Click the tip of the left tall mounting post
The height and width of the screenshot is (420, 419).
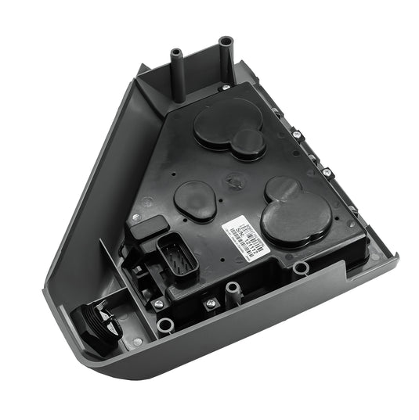[x=175, y=53]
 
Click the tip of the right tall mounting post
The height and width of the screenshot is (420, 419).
[x=226, y=39]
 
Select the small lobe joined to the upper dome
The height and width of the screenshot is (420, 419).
[x=248, y=143]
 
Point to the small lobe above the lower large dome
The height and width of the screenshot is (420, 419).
[x=281, y=188]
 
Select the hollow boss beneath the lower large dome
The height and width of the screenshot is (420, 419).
[x=301, y=268]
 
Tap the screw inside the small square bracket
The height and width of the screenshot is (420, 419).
[x=210, y=301]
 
